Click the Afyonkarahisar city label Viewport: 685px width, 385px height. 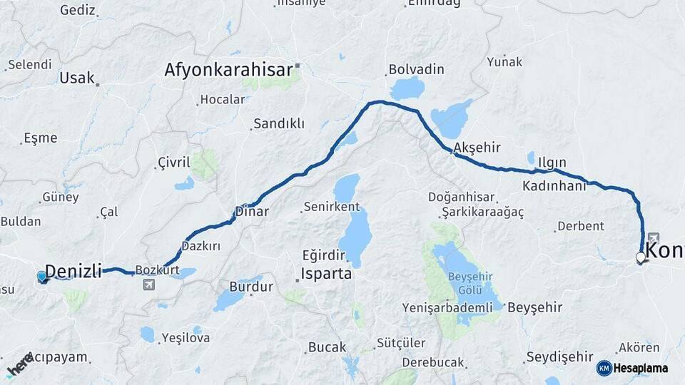click(x=228, y=70)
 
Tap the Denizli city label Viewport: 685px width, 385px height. click(x=73, y=270)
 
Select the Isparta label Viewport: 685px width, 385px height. click(x=326, y=274)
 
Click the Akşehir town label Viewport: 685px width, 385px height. click(x=477, y=148)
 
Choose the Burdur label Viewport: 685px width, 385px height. click(x=250, y=287)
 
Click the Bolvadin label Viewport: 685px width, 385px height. click(x=416, y=70)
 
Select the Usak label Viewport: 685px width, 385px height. click(x=77, y=78)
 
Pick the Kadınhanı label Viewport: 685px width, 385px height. click(x=554, y=185)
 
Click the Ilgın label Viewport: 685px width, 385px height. click(x=553, y=161)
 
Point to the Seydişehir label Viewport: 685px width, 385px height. click(x=559, y=356)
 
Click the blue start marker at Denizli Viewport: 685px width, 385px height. click(x=42, y=277)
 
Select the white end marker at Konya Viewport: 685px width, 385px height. click(x=641, y=258)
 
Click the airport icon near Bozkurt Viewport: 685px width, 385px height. click(x=148, y=285)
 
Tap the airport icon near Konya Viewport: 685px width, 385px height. click(x=654, y=238)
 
